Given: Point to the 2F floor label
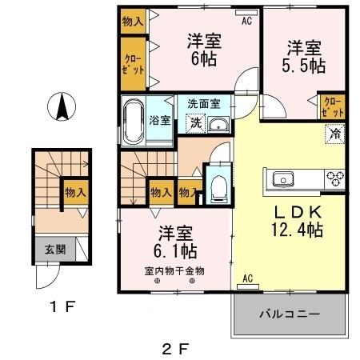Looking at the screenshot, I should [x=177, y=349].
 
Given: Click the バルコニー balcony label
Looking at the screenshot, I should [x=289, y=313].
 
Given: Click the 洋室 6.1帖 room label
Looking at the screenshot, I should [x=175, y=241].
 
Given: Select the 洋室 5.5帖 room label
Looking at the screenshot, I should [x=301, y=56].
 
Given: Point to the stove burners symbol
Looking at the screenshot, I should [x=334, y=178].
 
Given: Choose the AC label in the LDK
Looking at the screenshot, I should [x=246, y=278].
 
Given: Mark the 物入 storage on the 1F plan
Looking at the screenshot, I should [x=76, y=193].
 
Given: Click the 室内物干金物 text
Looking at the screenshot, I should [x=174, y=270].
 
